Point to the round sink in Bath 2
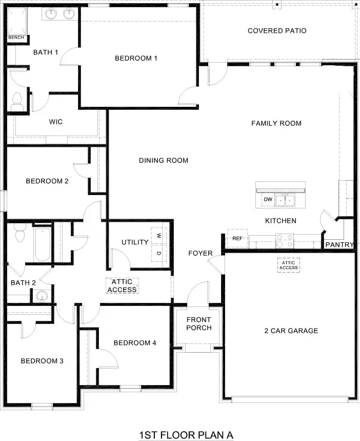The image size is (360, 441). [x=41, y=296]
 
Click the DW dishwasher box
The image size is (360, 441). [x=267, y=199]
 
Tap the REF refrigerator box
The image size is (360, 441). [x=237, y=239]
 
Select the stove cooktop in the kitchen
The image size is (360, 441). [x=284, y=238]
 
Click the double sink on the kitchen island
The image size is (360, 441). [x=286, y=199]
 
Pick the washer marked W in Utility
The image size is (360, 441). [x=158, y=236]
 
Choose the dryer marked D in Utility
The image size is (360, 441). [x=158, y=253]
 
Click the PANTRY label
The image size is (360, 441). [x=339, y=245]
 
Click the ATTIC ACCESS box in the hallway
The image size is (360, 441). [x=122, y=286]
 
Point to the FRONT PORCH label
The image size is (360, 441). [x=198, y=324]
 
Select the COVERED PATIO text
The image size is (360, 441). [x=277, y=31]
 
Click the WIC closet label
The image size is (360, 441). [x=56, y=122]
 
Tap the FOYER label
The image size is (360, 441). [x=200, y=253]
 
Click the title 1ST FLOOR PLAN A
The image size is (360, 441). [x=186, y=435]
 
